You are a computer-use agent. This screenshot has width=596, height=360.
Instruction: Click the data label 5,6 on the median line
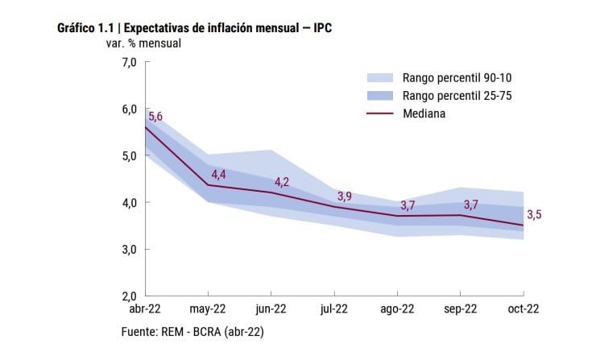(x=155, y=116)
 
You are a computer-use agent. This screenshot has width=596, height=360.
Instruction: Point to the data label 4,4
(x=218, y=174)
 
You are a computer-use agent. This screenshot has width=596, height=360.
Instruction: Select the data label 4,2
(x=282, y=182)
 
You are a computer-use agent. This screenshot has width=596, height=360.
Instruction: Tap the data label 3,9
(x=345, y=196)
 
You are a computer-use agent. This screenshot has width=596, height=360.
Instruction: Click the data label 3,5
(x=534, y=214)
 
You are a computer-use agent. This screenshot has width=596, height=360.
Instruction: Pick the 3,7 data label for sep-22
(x=471, y=205)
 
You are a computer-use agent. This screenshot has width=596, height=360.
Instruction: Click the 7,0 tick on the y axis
(x=129, y=62)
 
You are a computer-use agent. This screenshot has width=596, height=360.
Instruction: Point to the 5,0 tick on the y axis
(x=129, y=155)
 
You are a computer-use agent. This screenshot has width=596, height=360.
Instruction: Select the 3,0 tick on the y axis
(x=129, y=249)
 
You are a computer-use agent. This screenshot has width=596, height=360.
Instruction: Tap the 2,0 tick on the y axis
(x=129, y=296)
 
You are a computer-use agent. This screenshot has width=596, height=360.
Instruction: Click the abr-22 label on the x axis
(x=145, y=309)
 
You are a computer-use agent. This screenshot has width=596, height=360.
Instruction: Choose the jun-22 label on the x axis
(x=271, y=309)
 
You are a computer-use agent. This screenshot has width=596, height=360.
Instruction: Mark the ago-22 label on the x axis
(x=397, y=309)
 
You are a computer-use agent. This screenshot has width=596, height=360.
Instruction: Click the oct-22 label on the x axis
(x=523, y=309)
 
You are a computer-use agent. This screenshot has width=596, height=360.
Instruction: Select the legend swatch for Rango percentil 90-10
(x=379, y=78)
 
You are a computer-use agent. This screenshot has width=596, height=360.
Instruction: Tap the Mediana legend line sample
(x=379, y=114)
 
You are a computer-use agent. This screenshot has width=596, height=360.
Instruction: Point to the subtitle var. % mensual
(x=144, y=43)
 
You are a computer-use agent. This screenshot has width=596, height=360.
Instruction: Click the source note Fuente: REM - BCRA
(x=192, y=331)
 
